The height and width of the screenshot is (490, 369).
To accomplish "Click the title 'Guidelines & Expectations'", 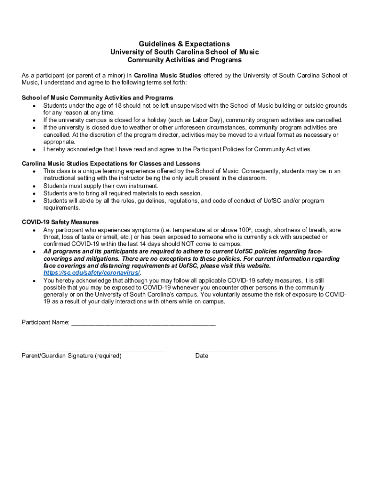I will click(x=184, y=44).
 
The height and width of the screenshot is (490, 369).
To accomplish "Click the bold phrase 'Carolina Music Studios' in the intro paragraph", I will click(x=167, y=76).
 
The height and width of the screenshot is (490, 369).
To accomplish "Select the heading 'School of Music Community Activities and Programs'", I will click(x=97, y=98).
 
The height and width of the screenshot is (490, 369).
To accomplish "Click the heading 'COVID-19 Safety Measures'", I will click(x=60, y=222).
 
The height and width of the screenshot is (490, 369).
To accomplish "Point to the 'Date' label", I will click(x=202, y=356).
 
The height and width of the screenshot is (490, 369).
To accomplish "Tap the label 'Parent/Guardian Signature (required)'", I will click(x=71, y=356).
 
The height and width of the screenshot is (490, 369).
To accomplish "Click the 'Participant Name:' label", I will click(x=46, y=323).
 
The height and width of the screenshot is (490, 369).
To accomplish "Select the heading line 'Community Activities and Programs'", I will click(x=184, y=60).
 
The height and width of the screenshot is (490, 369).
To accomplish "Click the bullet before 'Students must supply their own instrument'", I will click(x=34, y=186).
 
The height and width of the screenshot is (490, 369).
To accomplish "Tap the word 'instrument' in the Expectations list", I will click(x=143, y=186).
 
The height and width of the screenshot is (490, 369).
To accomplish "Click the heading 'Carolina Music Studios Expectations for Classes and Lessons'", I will click(x=111, y=164).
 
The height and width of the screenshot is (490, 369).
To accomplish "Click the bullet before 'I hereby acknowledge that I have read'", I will click(x=34, y=149).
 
